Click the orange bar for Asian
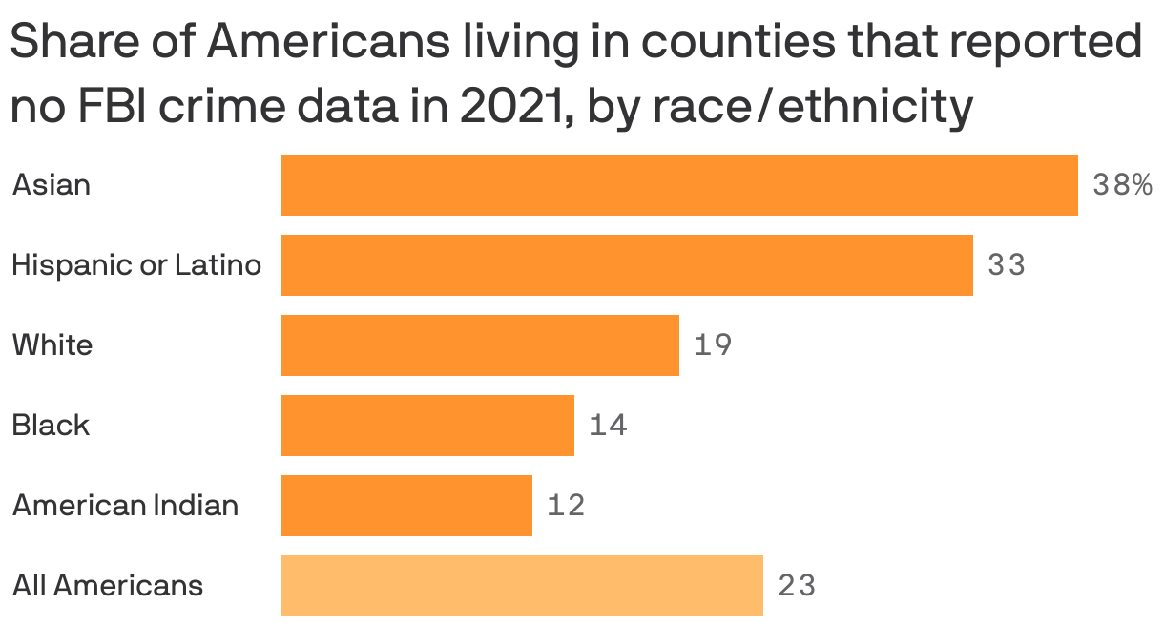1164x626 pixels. point(678,184)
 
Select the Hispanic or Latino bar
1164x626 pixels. point(626,264)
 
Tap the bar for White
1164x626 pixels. point(479,344)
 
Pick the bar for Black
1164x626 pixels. point(426,425)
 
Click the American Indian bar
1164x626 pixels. point(405,505)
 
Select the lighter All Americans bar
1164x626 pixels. point(521,585)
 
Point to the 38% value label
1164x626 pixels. point(1122,184)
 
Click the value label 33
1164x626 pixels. point(1007,264)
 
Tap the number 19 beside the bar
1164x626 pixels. point(713,344)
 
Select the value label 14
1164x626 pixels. point(608,425)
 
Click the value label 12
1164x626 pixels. point(566,505)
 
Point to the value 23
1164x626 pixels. point(797,585)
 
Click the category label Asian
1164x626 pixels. point(52,184)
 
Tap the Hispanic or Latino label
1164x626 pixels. point(135,264)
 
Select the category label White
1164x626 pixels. point(52,344)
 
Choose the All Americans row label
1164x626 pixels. point(107,585)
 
